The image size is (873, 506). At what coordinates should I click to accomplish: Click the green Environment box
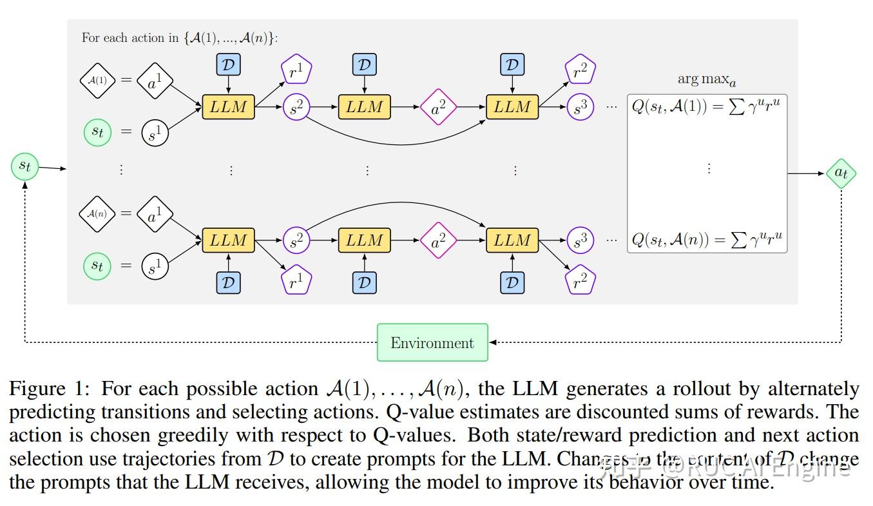[x=432, y=342]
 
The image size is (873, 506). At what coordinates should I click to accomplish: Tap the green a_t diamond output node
[x=841, y=173]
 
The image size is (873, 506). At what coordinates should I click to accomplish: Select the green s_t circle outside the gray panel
[x=24, y=167]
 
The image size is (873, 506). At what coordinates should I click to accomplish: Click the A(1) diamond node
[x=97, y=81]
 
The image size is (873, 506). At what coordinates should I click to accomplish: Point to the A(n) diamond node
[x=97, y=213]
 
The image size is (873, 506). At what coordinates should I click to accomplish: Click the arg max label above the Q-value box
[x=707, y=80]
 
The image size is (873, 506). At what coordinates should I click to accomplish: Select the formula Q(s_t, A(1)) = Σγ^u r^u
[x=707, y=107]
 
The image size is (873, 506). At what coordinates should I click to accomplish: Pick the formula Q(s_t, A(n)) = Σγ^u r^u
[x=707, y=240]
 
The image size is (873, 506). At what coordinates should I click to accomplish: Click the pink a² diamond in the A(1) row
[x=438, y=107]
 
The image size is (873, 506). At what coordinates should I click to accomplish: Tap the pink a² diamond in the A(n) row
[x=438, y=241]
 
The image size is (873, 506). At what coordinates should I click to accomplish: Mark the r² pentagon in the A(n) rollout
[x=580, y=280]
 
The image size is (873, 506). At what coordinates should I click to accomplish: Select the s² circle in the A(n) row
[x=296, y=241]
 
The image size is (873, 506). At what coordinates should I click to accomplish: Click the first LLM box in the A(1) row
[x=229, y=107]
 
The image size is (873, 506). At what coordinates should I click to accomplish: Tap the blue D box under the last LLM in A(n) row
[x=512, y=282]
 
